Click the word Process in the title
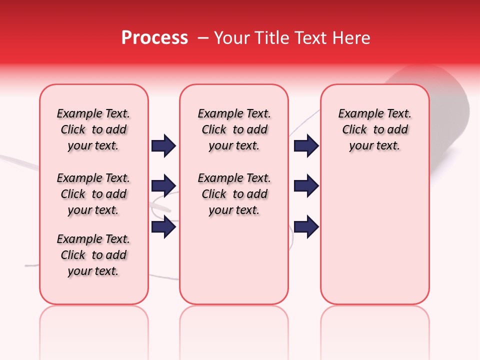(154, 38)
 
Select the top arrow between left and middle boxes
(163, 146)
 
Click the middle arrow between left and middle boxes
(163, 186)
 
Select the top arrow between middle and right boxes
(306, 146)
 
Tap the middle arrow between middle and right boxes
(306, 186)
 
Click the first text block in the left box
(93, 129)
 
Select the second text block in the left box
(93, 194)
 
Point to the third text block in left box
(93, 255)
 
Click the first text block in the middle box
(234, 129)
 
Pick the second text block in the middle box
(234, 194)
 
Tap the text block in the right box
(374, 129)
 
